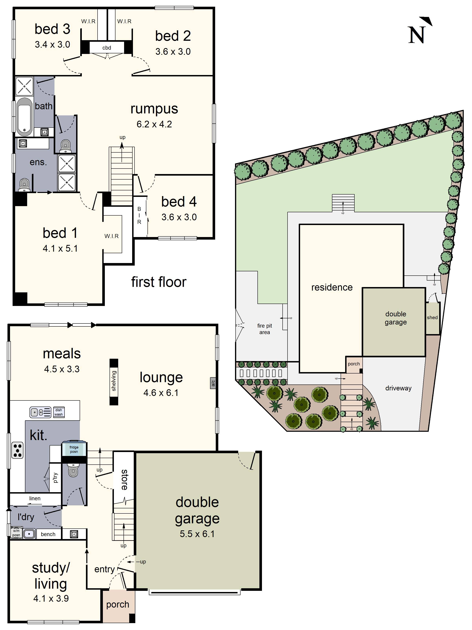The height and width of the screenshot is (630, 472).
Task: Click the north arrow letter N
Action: click(x=417, y=35)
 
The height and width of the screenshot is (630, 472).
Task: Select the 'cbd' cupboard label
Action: click(x=107, y=48)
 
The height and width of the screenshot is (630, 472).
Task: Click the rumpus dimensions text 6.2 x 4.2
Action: click(x=154, y=124)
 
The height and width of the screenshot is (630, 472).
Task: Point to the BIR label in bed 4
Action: click(x=139, y=215)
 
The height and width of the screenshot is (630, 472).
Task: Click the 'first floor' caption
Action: click(x=159, y=282)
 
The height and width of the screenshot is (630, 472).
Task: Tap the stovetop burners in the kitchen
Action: click(x=17, y=450)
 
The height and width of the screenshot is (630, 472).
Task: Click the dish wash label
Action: click(x=59, y=412)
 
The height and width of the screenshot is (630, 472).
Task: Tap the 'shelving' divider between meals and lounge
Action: click(x=114, y=381)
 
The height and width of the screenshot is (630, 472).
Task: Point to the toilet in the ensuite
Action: click(x=24, y=184)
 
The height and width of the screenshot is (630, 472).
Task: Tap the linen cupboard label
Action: click(x=35, y=498)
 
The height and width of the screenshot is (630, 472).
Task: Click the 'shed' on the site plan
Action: click(x=432, y=318)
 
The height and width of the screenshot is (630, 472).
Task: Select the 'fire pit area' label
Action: click(x=265, y=329)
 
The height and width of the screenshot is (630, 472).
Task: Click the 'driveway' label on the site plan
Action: click(x=398, y=388)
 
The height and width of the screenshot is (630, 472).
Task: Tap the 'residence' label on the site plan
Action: click(x=332, y=287)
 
